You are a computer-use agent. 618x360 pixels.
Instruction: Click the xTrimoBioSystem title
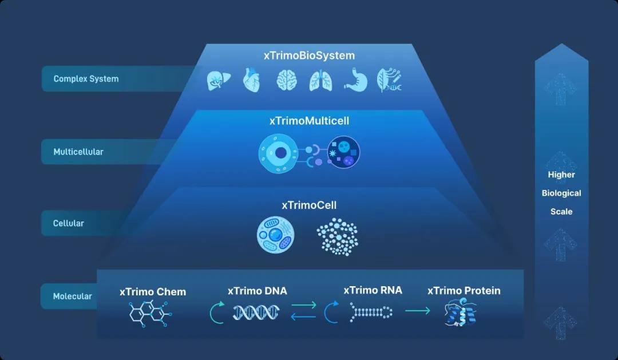click(309, 56)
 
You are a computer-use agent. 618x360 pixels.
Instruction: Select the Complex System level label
click(86, 79)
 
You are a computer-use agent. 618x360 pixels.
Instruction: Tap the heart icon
click(251, 81)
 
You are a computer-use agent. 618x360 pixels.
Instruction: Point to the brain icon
click(286, 81)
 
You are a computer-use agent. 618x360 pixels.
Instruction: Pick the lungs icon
click(319, 81)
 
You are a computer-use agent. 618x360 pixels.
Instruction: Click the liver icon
click(217, 81)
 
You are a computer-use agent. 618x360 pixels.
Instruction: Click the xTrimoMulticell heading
click(309, 121)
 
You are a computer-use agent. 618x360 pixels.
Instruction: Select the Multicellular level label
click(78, 152)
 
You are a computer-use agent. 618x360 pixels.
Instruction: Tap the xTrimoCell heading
click(309, 205)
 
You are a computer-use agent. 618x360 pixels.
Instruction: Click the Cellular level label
click(69, 223)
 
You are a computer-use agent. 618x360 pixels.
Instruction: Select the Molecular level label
click(73, 296)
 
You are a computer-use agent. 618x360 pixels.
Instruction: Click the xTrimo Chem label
click(153, 292)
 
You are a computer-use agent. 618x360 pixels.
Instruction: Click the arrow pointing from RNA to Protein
click(417, 311)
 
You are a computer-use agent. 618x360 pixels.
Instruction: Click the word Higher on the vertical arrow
click(561, 175)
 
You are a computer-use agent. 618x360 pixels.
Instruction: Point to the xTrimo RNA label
click(373, 290)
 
